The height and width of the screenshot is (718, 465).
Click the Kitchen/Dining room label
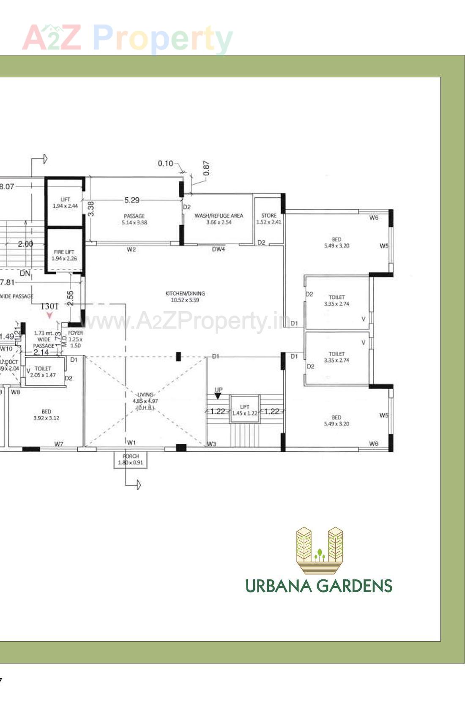(x=185, y=296)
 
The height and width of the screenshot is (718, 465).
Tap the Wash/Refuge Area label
(x=219, y=218)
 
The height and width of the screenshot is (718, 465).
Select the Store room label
(x=268, y=218)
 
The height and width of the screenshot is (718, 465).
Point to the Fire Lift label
(x=64, y=255)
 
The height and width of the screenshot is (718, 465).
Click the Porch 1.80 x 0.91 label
(x=131, y=459)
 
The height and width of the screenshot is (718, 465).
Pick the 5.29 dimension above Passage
(x=132, y=200)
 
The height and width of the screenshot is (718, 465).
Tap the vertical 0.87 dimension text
(x=206, y=168)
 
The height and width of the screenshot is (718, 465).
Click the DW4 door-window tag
(x=219, y=249)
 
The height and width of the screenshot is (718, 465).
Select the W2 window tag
(x=131, y=249)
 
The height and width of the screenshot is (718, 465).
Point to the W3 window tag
(x=212, y=444)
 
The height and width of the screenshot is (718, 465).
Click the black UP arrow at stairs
(x=218, y=396)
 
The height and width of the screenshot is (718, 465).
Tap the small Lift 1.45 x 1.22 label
(x=245, y=410)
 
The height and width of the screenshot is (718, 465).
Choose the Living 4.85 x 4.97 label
(x=145, y=401)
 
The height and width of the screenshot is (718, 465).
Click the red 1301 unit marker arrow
(x=50, y=315)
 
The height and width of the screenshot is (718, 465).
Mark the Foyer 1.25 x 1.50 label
(x=75, y=339)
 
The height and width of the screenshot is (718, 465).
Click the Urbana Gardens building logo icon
(x=320, y=550)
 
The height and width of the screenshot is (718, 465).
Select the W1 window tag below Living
(x=131, y=442)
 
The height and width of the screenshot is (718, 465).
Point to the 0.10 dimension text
(x=165, y=164)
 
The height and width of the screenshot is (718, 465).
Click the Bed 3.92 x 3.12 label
(x=46, y=415)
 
